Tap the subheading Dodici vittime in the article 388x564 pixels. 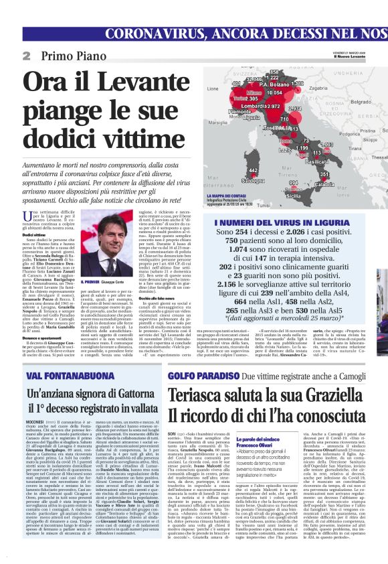click(34, 235)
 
